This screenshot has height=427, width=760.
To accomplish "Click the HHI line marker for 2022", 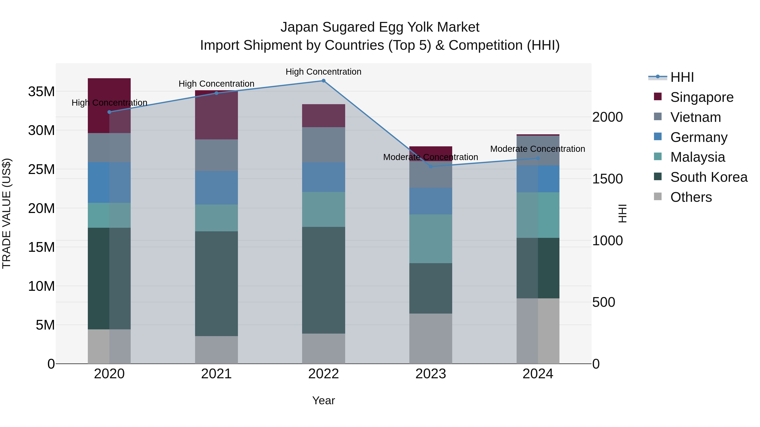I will tap(323, 81).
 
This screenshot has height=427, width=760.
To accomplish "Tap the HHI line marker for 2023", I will tap(430, 167).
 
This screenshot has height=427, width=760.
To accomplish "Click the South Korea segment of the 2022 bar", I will tap(323, 280).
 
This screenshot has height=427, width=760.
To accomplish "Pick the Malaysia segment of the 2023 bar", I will tap(430, 239).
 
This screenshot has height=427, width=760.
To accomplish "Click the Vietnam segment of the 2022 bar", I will tap(323, 145).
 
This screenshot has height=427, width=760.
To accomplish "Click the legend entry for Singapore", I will tap(702, 97).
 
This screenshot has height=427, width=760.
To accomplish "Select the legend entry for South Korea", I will tap(709, 177).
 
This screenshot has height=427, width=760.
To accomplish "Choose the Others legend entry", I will tap(691, 197).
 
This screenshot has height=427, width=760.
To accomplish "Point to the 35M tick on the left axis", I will tap(41, 92).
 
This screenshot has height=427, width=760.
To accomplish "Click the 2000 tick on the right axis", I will tap(607, 117).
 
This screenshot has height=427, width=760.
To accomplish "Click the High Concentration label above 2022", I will tap(323, 72).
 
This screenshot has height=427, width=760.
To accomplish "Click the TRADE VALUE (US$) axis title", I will tap(7, 213).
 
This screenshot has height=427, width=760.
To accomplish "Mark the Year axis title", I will tap(323, 400).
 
